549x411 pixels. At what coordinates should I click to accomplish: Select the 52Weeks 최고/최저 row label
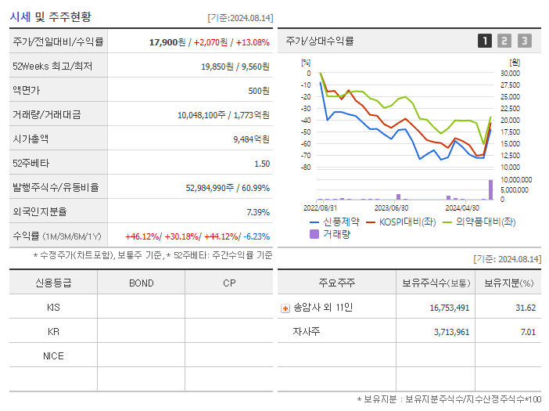point(52,67)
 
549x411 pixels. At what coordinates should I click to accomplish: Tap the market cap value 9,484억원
point(251,139)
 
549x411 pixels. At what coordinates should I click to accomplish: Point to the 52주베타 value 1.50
point(262,164)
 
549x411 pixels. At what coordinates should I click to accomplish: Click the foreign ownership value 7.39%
point(258,212)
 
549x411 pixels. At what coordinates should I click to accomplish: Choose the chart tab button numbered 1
point(485,41)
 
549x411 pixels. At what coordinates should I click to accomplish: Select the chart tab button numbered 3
point(524,41)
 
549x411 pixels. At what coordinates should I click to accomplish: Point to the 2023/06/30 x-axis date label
point(391,207)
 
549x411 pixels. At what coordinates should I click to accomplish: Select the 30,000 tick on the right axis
point(509,74)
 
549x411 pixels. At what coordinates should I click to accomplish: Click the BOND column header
point(141,283)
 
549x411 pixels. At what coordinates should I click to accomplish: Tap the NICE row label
point(53,356)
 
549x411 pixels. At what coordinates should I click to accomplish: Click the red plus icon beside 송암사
point(285,308)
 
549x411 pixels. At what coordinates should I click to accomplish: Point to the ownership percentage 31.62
point(526,308)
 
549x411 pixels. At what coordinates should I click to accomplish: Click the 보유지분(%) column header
point(508,283)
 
